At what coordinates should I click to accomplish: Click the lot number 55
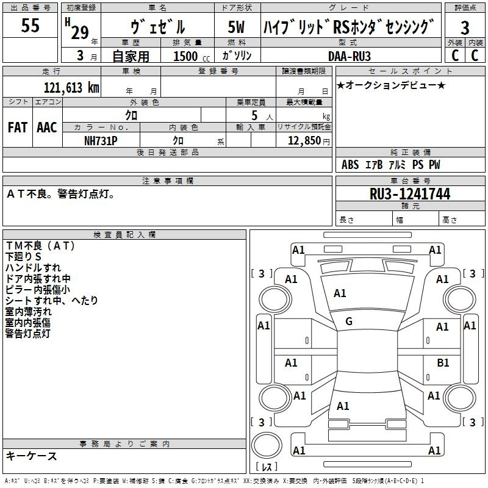click(x=30, y=25)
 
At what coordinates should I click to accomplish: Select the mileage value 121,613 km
click(x=71, y=87)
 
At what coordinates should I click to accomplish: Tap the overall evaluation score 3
click(x=465, y=27)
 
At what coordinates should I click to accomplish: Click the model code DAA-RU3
click(x=349, y=56)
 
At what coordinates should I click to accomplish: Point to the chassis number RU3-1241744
click(x=410, y=194)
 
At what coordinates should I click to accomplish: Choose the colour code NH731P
click(x=101, y=141)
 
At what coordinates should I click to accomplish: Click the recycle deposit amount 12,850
click(x=304, y=141)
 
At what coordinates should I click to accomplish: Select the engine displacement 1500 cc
click(x=192, y=56)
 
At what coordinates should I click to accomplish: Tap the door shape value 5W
click(x=236, y=27)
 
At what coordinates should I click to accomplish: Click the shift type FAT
click(x=18, y=127)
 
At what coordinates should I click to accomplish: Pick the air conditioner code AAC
click(x=47, y=127)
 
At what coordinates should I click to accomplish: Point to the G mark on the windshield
click(x=349, y=321)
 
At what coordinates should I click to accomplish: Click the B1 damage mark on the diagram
click(x=443, y=362)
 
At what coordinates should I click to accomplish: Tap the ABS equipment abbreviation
click(x=350, y=165)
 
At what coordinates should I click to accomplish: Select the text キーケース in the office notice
click(x=32, y=456)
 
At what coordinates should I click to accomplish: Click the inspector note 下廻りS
click(x=23, y=257)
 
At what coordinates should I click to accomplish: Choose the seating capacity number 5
click(x=254, y=115)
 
